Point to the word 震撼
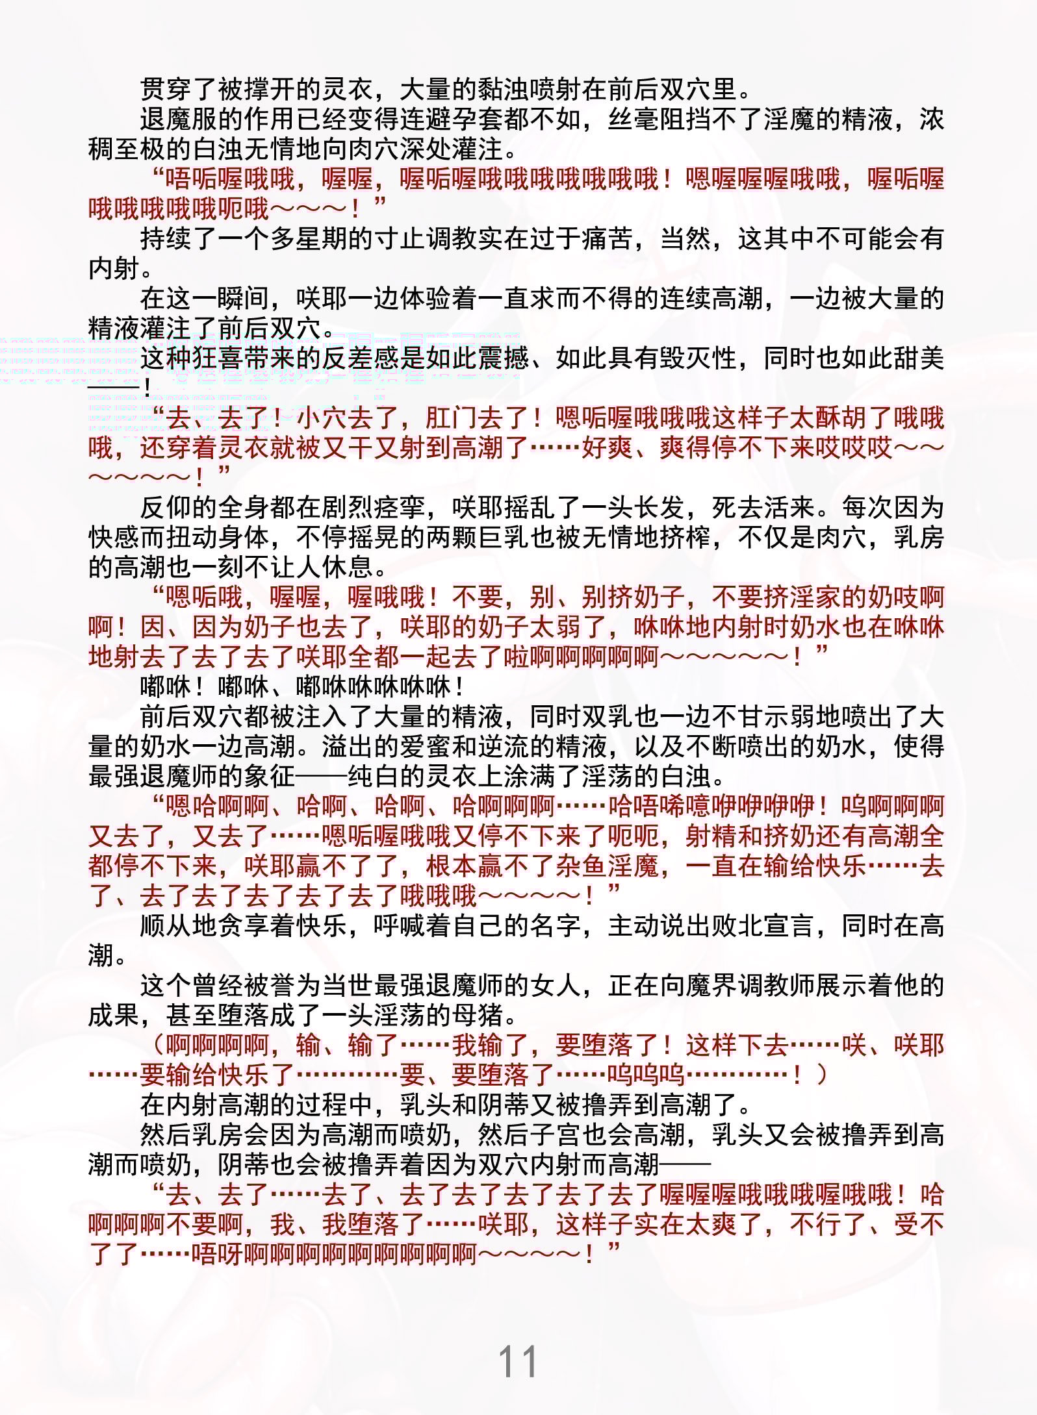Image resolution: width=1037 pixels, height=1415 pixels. (x=504, y=358)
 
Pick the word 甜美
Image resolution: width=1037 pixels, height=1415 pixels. (x=919, y=358)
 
